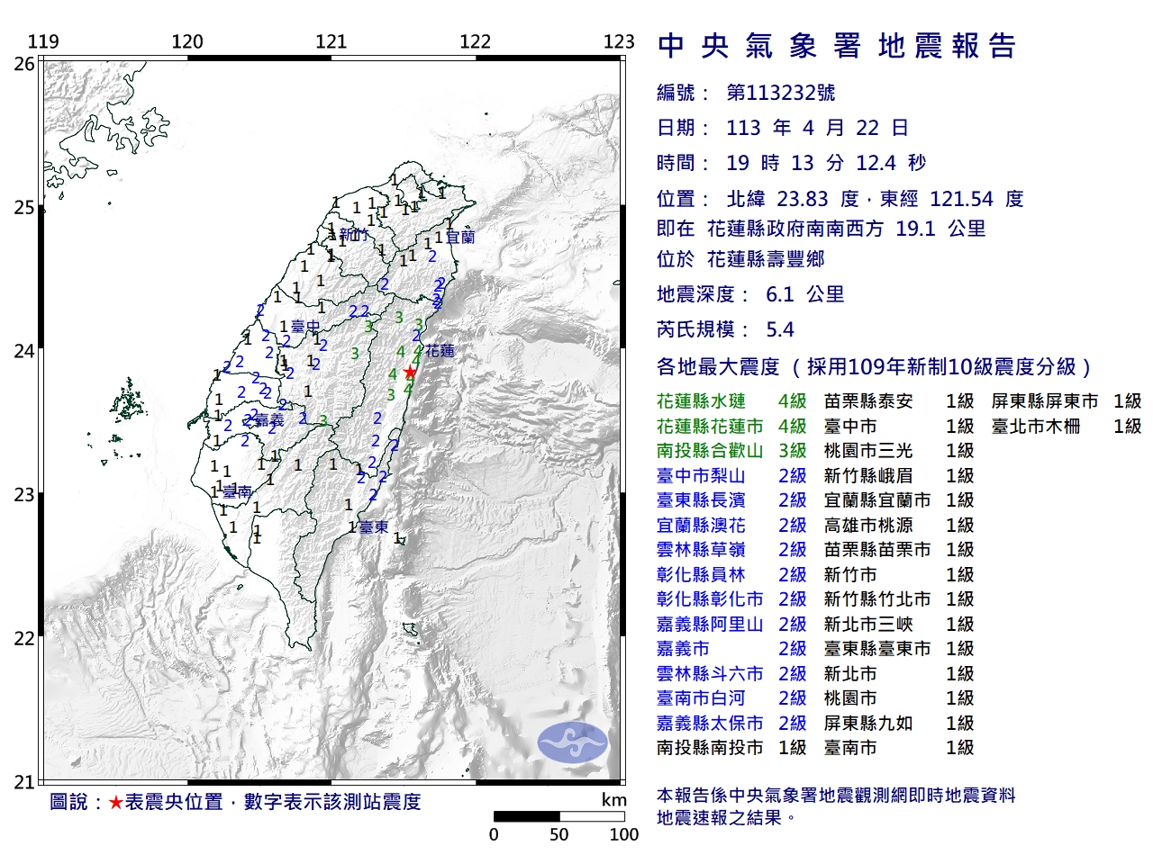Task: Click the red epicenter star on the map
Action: tap(410, 372)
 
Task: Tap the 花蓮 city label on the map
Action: tap(440, 351)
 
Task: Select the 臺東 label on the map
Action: tap(374, 527)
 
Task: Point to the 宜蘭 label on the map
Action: tap(460, 238)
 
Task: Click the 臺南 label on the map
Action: tap(237, 491)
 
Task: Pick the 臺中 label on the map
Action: tap(306, 327)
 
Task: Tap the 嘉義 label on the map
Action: tap(269, 420)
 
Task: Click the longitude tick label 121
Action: tap(331, 41)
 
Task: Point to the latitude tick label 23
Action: tap(24, 495)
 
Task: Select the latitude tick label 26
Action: tap(24, 64)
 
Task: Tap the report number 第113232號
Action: tap(780, 93)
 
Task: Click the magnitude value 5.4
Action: tap(780, 329)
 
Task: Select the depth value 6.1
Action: tap(780, 294)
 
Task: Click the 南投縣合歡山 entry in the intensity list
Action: tap(710, 451)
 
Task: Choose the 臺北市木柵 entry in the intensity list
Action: tap(1036, 427)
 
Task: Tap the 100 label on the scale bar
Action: tap(623, 834)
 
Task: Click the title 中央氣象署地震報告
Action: tap(837, 46)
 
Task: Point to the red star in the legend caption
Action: tap(115, 802)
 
